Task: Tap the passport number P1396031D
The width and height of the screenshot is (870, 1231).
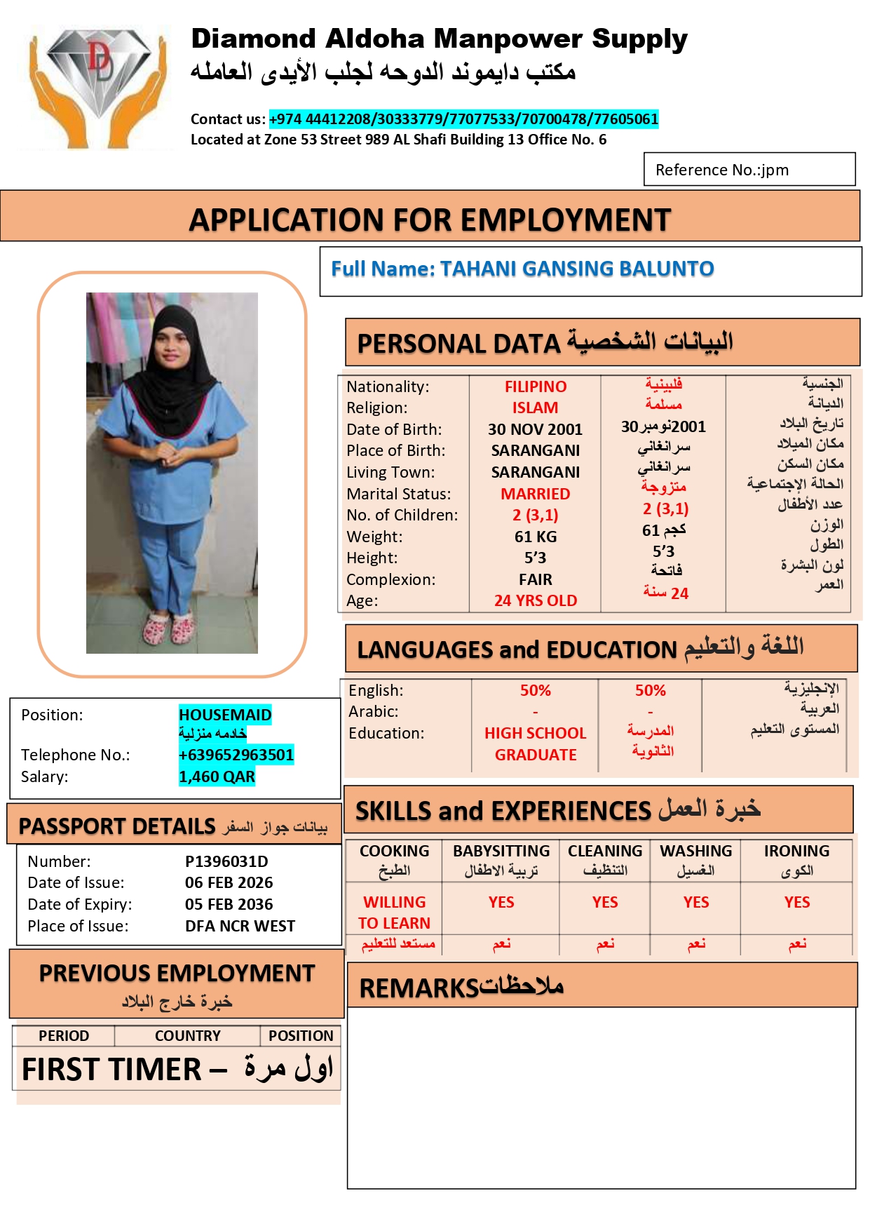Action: pyautogui.click(x=226, y=861)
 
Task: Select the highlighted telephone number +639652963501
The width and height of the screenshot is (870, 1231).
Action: pyautogui.click(x=236, y=755)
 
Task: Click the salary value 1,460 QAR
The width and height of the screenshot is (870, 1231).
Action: pyautogui.click(x=217, y=776)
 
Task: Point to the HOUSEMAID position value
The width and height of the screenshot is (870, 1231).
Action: pyautogui.click(x=225, y=715)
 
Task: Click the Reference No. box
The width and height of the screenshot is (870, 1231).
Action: pyautogui.click(x=749, y=170)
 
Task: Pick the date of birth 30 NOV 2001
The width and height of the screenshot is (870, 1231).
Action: pyautogui.click(x=535, y=429)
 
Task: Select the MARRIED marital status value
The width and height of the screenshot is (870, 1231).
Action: pyautogui.click(x=535, y=494)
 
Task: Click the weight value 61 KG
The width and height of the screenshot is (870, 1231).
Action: pyautogui.click(x=535, y=537)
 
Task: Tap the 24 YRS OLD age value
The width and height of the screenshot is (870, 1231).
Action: pyautogui.click(x=535, y=600)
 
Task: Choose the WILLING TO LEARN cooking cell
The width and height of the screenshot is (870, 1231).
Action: pyautogui.click(x=394, y=913)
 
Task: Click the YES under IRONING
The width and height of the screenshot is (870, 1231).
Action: pyautogui.click(x=796, y=902)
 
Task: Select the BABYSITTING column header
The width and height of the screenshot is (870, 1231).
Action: pyautogui.click(x=501, y=851)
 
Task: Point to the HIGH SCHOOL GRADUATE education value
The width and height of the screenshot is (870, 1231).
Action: pyautogui.click(x=535, y=744)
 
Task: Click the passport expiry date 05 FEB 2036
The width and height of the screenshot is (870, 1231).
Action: pyautogui.click(x=229, y=904)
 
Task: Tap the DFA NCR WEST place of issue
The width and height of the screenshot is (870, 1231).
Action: pyautogui.click(x=240, y=926)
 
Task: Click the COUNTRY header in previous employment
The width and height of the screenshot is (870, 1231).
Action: pyautogui.click(x=187, y=1035)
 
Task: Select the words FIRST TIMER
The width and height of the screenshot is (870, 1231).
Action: pyautogui.click(x=111, y=1070)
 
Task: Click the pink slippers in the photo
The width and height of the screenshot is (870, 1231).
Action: pyautogui.click(x=169, y=628)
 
